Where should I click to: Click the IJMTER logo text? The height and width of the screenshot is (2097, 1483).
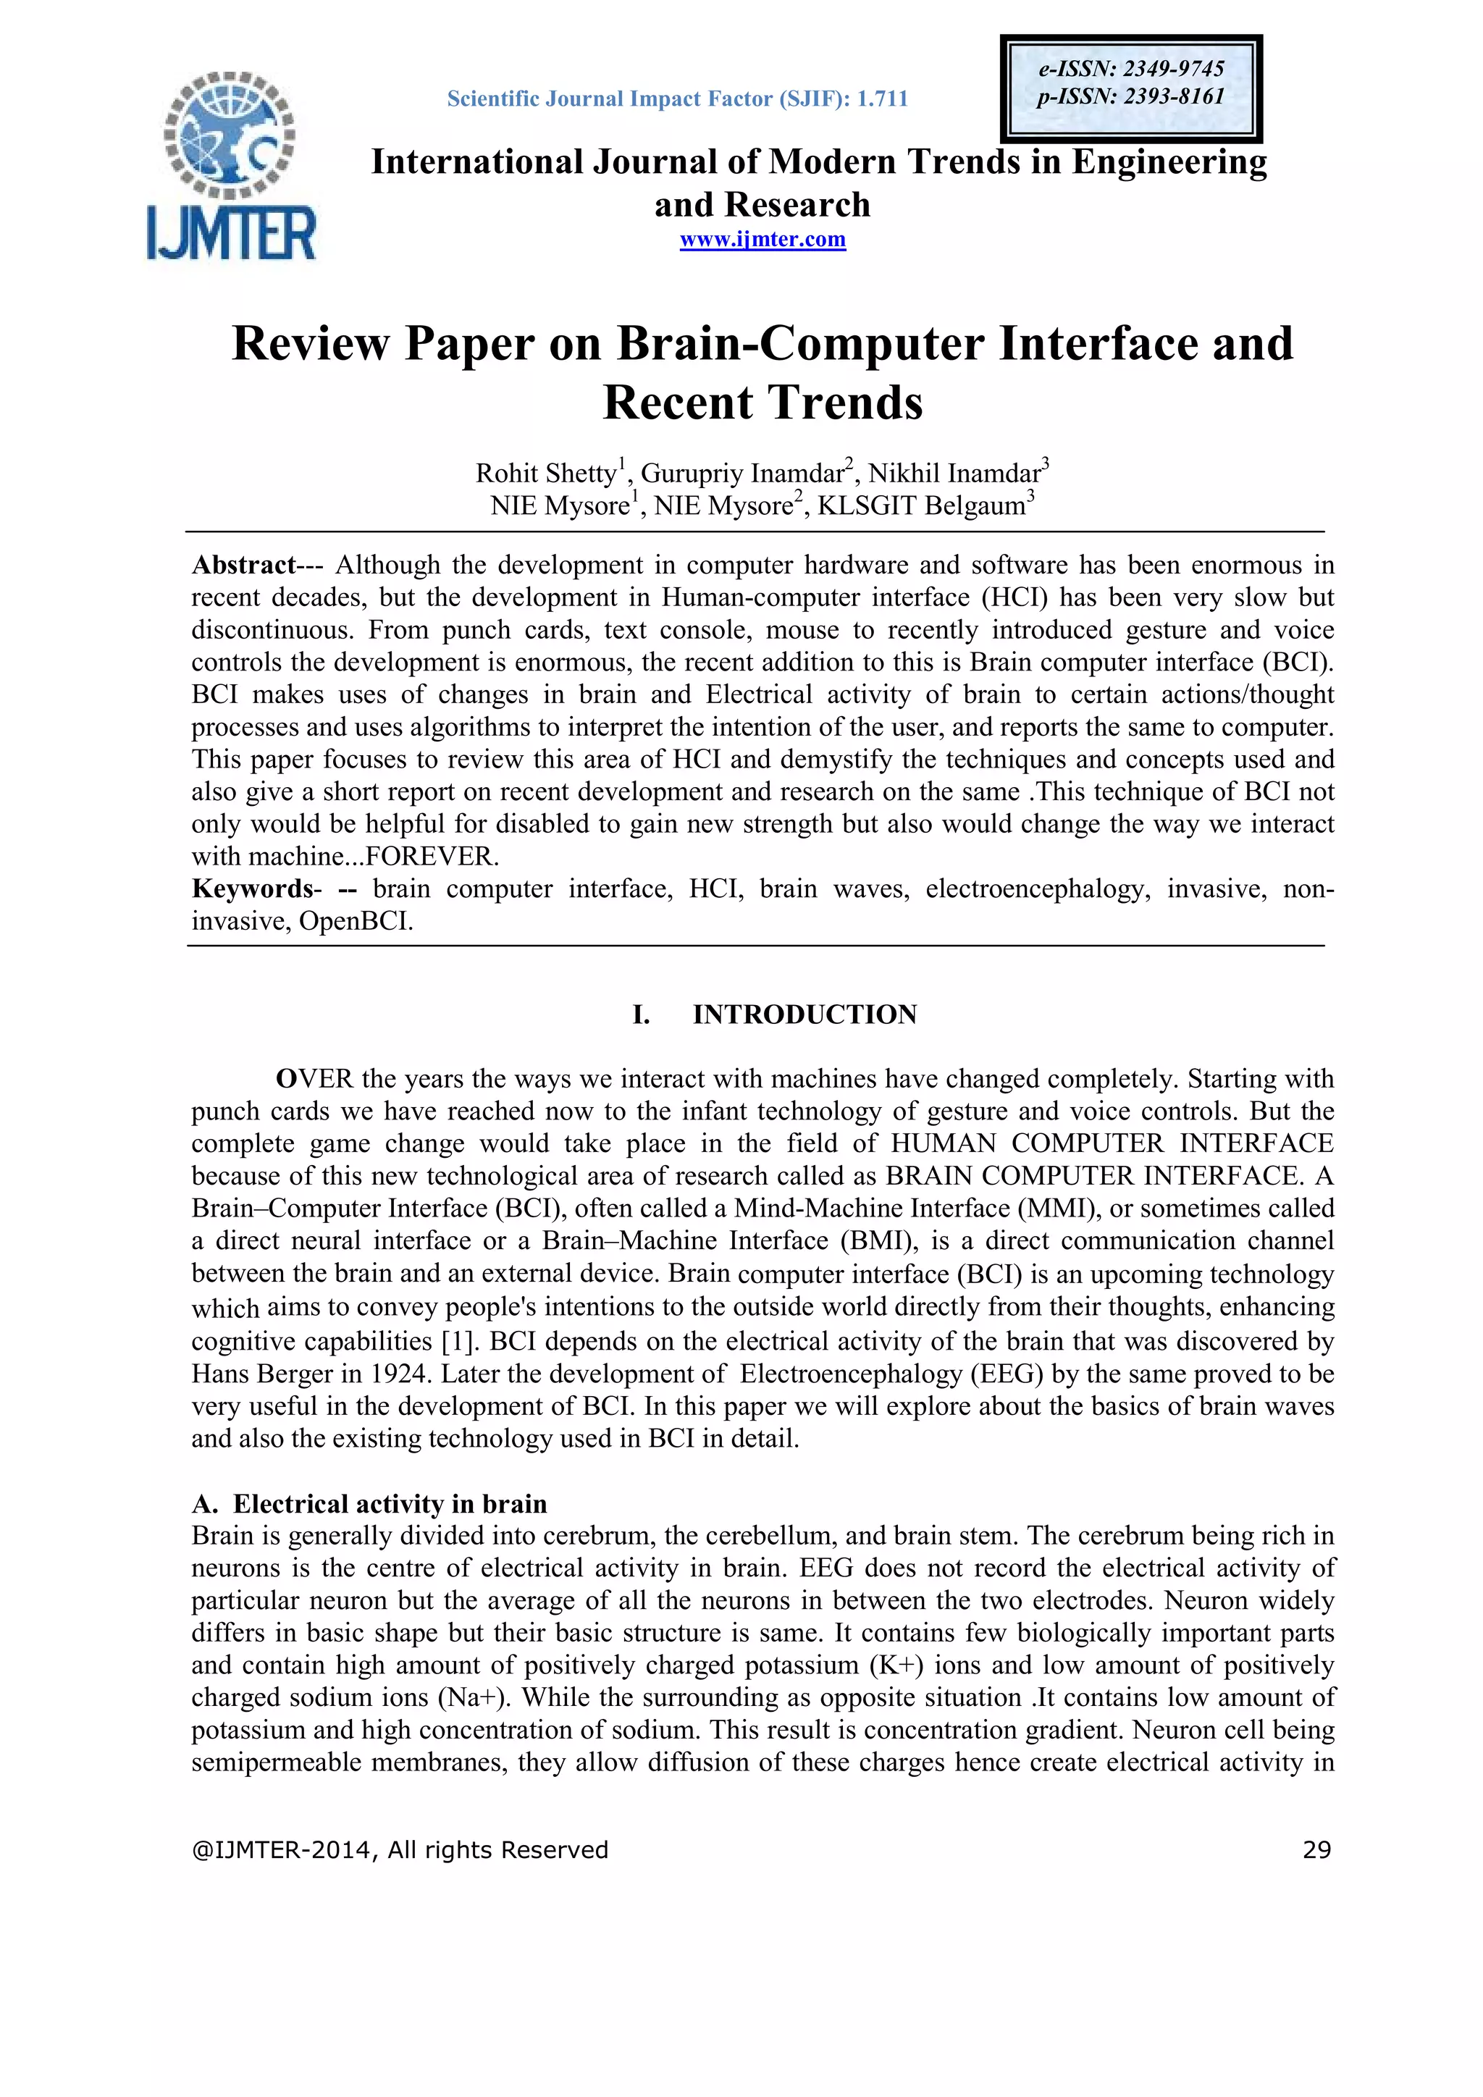[x=231, y=233]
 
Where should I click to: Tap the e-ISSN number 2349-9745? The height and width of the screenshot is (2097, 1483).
[x=1172, y=69]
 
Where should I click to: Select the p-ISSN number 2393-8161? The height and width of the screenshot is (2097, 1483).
[x=1173, y=97]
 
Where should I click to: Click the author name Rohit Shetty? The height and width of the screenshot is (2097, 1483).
[x=546, y=473]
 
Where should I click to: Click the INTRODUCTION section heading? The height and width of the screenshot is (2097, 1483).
[x=804, y=1014]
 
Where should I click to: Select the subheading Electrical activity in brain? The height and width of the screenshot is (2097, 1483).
[x=389, y=1503]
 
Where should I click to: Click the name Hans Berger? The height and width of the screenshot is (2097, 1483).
[x=263, y=1374]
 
